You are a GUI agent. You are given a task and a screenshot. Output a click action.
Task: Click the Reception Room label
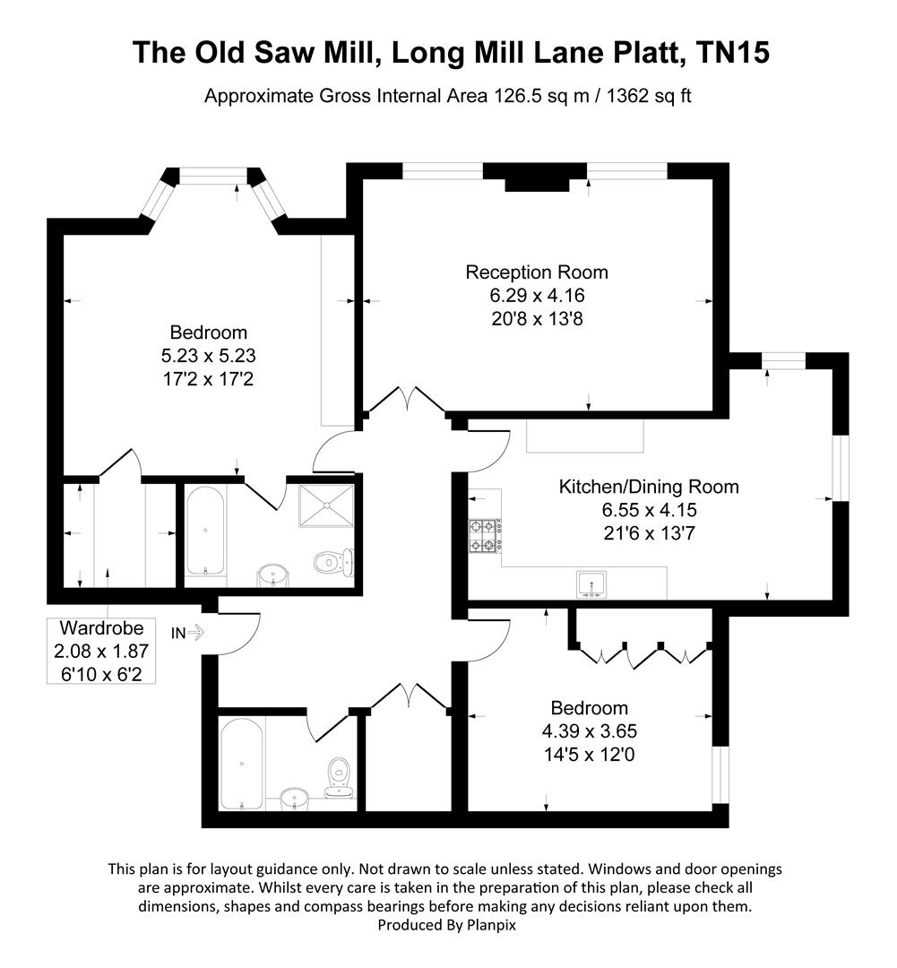coord(537,272)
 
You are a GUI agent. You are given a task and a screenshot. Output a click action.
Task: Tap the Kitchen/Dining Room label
coord(649,487)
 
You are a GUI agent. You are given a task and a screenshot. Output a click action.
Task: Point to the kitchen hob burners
coord(484,536)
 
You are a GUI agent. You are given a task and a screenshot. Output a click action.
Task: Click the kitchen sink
coord(591,583)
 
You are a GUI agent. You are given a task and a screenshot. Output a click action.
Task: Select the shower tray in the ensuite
coord(324,506)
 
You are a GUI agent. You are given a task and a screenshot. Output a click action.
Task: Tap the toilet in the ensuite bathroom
coord(335,562)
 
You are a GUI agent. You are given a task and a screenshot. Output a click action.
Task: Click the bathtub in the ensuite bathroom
coord(206,531)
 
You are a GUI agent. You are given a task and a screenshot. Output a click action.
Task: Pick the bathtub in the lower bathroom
coord(241,763)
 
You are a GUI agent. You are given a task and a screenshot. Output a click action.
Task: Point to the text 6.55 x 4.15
coord(649,510)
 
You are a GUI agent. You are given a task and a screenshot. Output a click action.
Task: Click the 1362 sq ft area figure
coord(639,96)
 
